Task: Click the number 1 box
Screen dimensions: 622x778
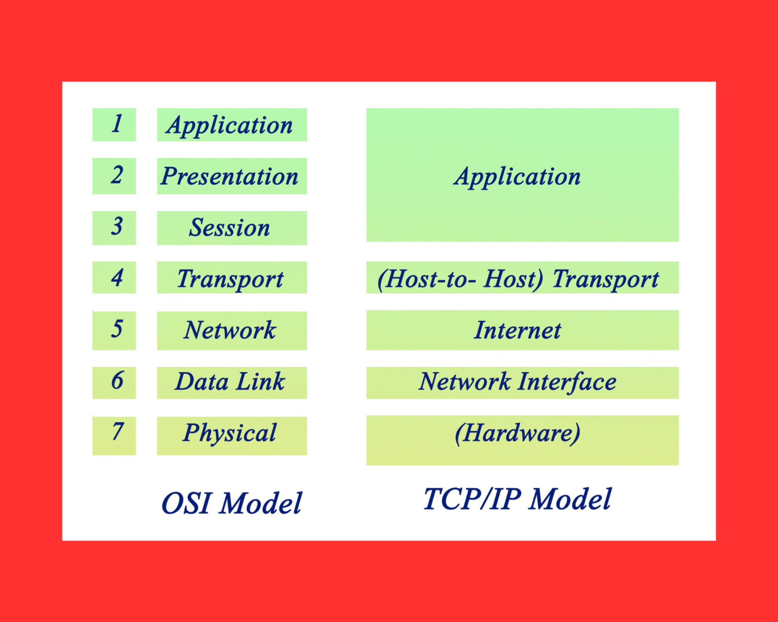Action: pos(114,125)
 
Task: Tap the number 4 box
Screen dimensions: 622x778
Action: pos(114,277)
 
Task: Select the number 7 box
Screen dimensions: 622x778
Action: pos(114,435)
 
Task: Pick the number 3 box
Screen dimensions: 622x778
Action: pos(114,228)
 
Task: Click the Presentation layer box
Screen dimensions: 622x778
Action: pos(231,176)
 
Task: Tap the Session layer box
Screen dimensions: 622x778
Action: pos(231,228)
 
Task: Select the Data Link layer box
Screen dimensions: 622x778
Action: pos(231,383)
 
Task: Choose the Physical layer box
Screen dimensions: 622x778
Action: pos(231,435)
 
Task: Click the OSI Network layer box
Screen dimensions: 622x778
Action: pos(231,330)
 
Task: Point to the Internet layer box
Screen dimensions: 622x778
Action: pos(522,330)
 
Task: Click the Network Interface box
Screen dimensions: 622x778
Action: pos(522,383)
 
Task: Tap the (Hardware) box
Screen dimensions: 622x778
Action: pos(522,439)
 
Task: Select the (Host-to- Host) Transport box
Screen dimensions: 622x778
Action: pos(522,278)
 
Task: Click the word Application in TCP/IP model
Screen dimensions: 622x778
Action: pos(517,177)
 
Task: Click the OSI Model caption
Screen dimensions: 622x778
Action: pos(231,503)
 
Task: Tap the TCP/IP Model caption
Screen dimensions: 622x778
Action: pos(517,499)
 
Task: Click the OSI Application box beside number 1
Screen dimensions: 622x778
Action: pos(231,125)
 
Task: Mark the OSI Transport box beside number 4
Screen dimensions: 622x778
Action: pos(231,278)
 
